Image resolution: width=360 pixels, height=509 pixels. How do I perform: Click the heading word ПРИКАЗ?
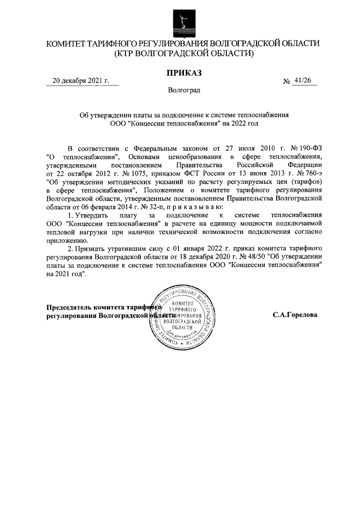pos(183,72)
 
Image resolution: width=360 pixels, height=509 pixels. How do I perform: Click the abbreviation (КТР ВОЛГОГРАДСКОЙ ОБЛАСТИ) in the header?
pos(183,53)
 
